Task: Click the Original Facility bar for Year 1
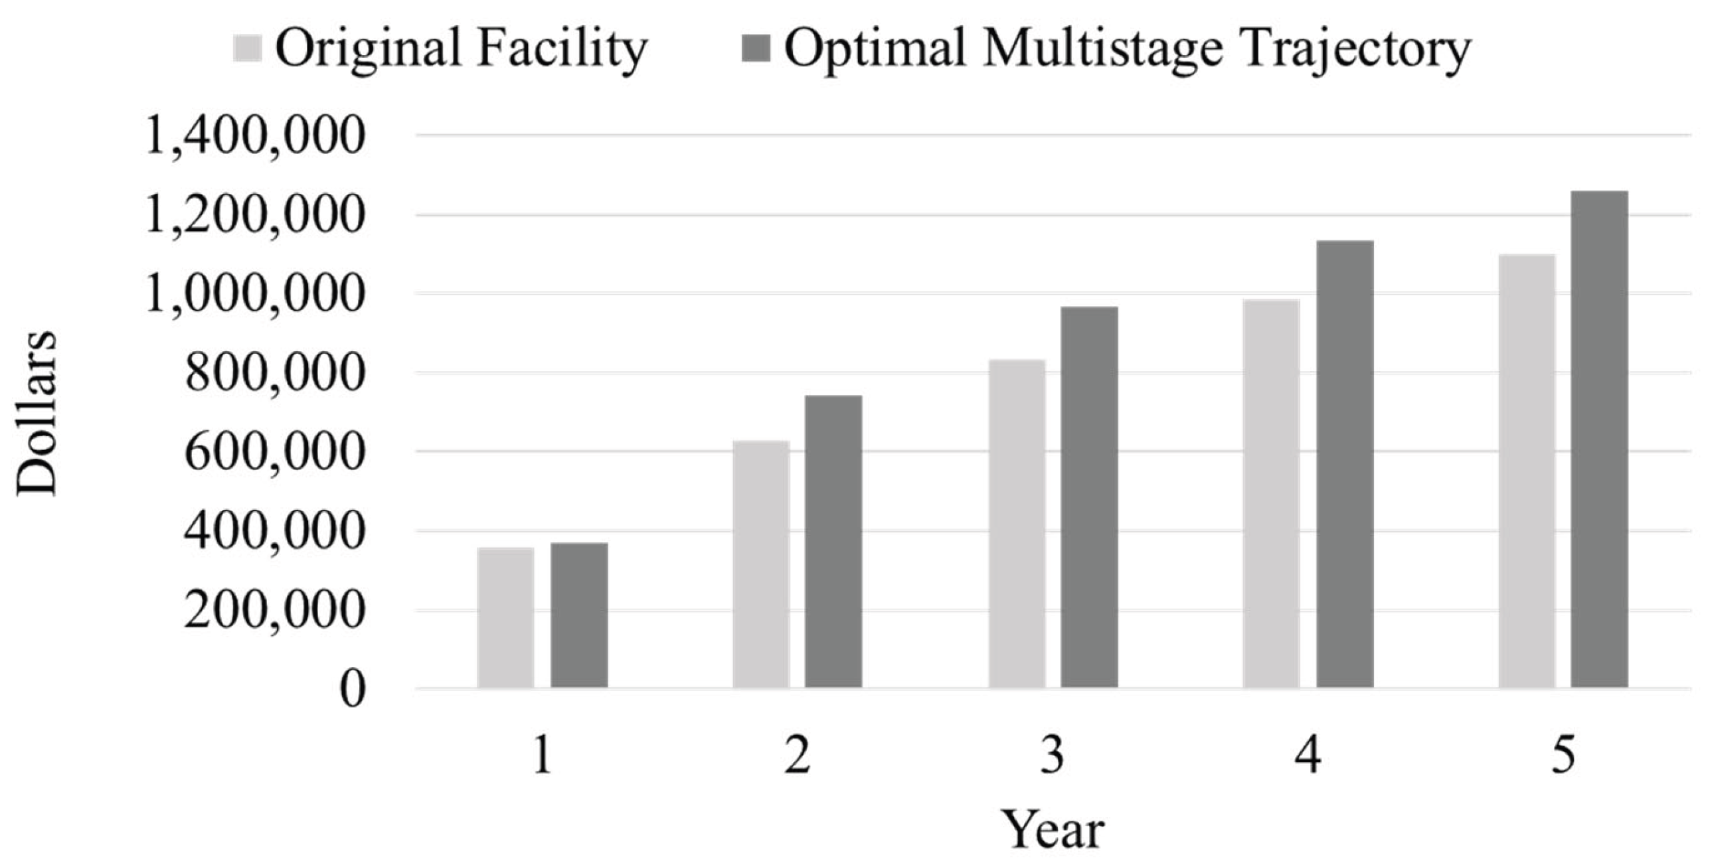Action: point(505,617)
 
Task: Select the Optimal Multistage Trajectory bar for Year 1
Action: point(579,615)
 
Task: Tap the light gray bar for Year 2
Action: point(761,564)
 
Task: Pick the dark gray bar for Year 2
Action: point(833,542)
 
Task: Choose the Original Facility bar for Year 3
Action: point(1017,524)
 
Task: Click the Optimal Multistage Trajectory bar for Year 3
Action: point(1089,497)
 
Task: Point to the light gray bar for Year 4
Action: point(1272,494)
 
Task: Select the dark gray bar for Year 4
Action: point(1345,464)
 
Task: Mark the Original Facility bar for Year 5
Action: point(1527,471)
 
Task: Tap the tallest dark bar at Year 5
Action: point(1600,439)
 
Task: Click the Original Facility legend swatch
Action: point(247,48)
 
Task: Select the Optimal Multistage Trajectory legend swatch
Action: point(756,48)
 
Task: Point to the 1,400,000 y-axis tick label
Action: point(256,137)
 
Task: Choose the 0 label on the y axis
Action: point(353,690)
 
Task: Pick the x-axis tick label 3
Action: point(1052,757)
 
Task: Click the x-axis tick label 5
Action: point(1563,757)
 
